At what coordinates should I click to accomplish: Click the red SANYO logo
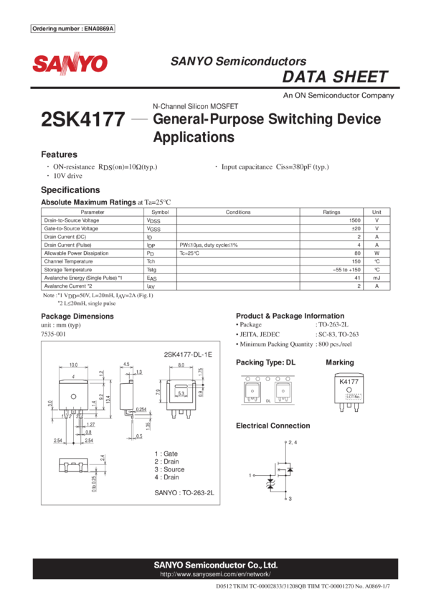[x=69, y=65]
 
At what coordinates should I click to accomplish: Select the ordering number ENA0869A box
[x=74, y=29]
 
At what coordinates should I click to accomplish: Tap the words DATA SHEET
[x=336, y=78]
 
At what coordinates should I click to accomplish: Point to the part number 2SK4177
[x=83, y=120]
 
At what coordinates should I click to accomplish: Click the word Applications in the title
[x=194, y=137]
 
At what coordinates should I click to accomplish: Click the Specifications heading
[x=70, y=190]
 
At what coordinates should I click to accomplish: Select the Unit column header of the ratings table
[x=377, y=212]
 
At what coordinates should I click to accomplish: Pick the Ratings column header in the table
[x=331, y=212]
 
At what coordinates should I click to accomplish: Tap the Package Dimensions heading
[x=77, y=316]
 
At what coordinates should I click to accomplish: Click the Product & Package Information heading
[x=290, y=316]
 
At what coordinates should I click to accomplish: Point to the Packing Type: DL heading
[x=265, y=362]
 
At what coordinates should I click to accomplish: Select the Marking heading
[x=339, y=362]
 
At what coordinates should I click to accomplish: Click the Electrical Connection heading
[x=273, y=426]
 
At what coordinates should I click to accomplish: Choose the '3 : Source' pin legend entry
[x=169, y=469]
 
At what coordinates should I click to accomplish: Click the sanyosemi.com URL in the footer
[x=215, y=575]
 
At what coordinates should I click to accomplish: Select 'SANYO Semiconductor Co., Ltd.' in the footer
[x=215, y=566]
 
